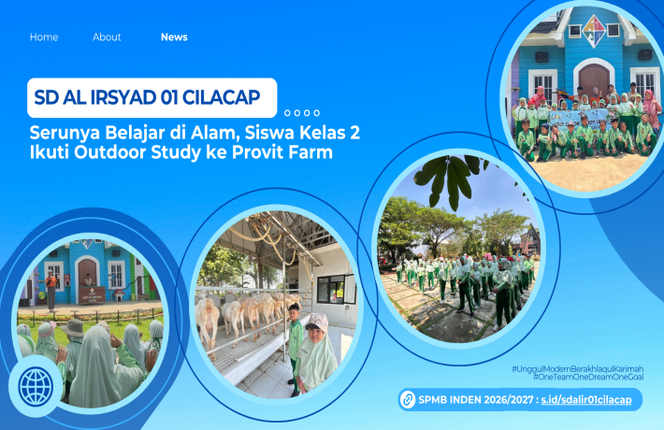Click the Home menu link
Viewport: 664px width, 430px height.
(44, 37)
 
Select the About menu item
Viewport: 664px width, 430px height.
(107, 37)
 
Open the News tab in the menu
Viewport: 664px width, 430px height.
(174, 37)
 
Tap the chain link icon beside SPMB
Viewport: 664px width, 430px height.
(408, 400)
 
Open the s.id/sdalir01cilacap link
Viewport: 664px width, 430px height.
(586, 400)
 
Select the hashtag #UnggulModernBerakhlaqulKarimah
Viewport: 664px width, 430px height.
(577, 369)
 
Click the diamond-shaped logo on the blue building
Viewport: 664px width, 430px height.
(594, 32)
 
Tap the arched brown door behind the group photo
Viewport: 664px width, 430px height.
(594, 79)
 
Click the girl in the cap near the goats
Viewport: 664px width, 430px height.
(317, 351)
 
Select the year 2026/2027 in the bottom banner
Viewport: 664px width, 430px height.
(506, 400)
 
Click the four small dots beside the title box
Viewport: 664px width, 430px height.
(302, 113)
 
